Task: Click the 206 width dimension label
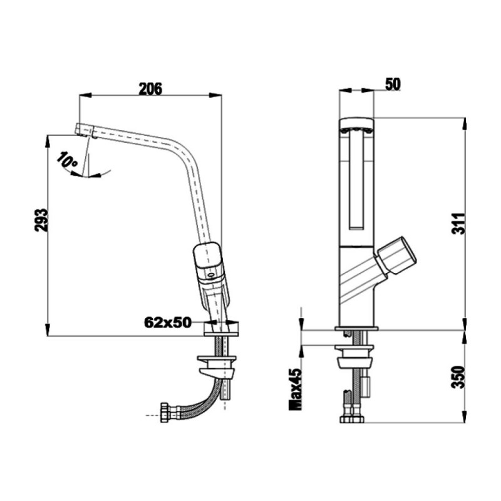tap(150, 88)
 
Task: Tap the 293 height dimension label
tap(41, 220)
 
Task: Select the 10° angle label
tap(68, 159)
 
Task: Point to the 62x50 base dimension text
tap(167, 323)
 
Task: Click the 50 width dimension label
tap(393, 85)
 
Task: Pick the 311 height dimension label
tap(458, 223)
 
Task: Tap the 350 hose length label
tap(458, 377)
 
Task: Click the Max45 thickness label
tap(295, 389)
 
